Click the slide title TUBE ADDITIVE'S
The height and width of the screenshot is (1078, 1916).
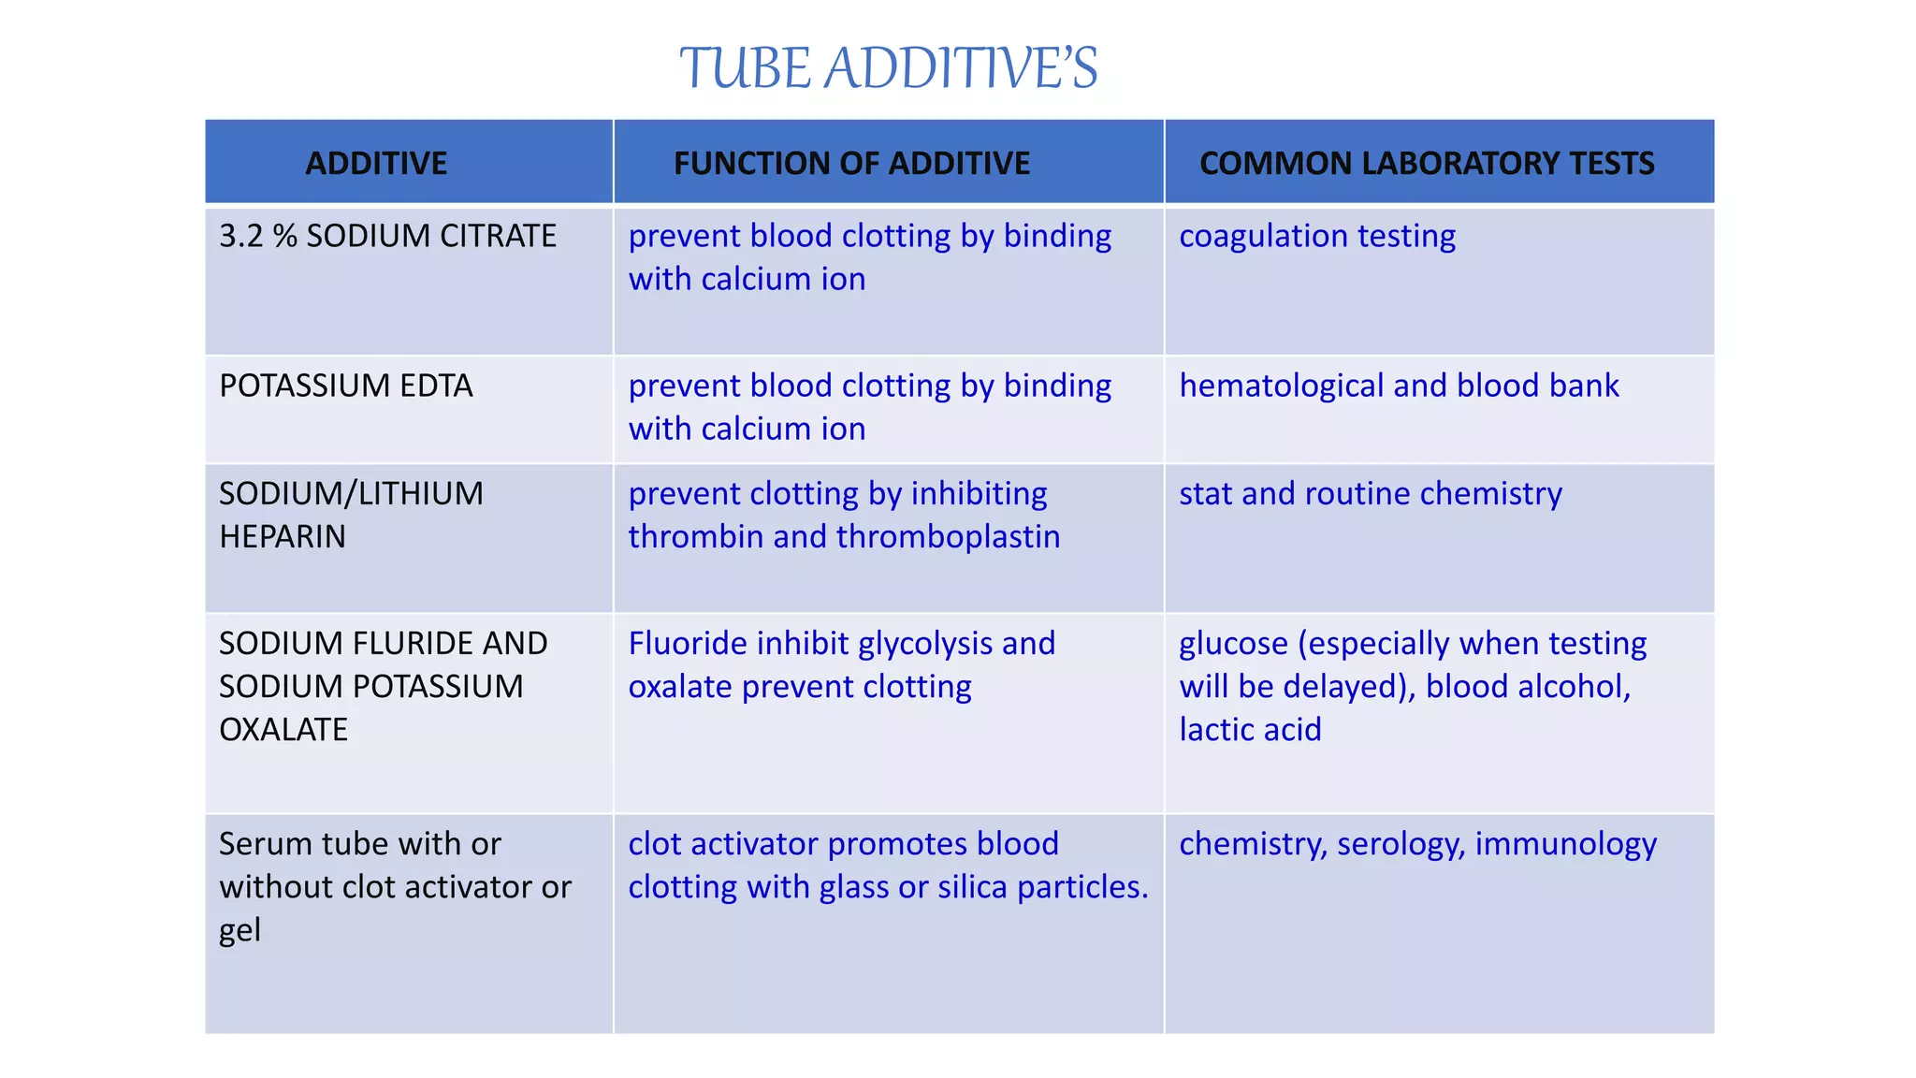[x=888, y=68]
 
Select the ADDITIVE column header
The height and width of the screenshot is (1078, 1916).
[x=376, y=164]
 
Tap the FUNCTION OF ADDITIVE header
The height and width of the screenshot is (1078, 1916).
[x=851, y=164]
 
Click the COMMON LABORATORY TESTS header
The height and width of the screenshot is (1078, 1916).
[x=1427, y=164]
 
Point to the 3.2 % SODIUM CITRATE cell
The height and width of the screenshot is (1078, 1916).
[x=387, y=236]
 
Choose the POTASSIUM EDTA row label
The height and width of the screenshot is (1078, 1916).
[x=345, y=386]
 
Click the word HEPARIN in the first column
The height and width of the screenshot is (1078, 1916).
[x=282, y=537]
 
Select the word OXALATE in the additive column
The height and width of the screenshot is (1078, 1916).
[x=283, y=730]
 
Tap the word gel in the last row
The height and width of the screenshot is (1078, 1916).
[x=239, y=931]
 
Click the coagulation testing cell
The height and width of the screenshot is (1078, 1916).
[x=1316, y=236]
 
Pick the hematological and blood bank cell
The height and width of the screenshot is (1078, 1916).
[x=1399, y=386]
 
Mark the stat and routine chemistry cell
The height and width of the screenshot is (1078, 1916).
[x=1370, y=493]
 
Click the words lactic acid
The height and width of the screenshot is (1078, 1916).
[x=1250, y=730]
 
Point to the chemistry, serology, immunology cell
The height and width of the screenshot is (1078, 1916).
[x=1417, y=844]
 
